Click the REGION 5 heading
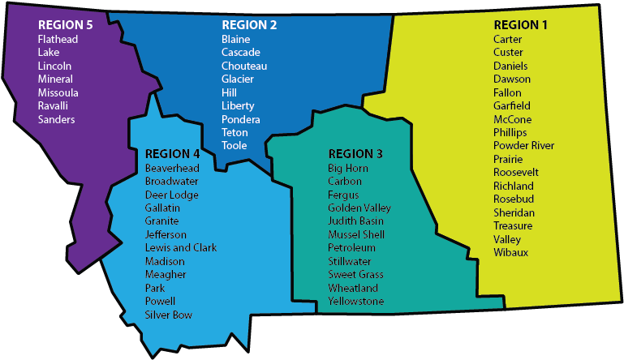[x=66, y=25]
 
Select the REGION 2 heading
[x=249, y=25]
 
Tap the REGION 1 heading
[x=521, y=25]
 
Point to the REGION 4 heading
[x=172, y=154]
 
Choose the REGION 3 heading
[x=355, y=154]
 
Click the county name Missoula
[x=58, y=92]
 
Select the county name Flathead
[x=58, y=39]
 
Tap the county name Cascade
[x=240, y=53]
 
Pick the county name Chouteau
[x=243, y=66]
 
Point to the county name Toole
[x=234, y=146]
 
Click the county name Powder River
[x=523, y=146]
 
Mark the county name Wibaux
[x=510, y=253]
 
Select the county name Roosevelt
[x=515, y=173]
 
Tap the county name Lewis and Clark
[x=180, y=248]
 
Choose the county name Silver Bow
[x=168, y=315]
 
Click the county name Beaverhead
[x=171, y=168]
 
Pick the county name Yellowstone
[x=355, y=302]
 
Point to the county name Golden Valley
[x=359, y=208]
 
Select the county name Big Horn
[x=347, y=168]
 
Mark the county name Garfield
[x=511, y=105]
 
